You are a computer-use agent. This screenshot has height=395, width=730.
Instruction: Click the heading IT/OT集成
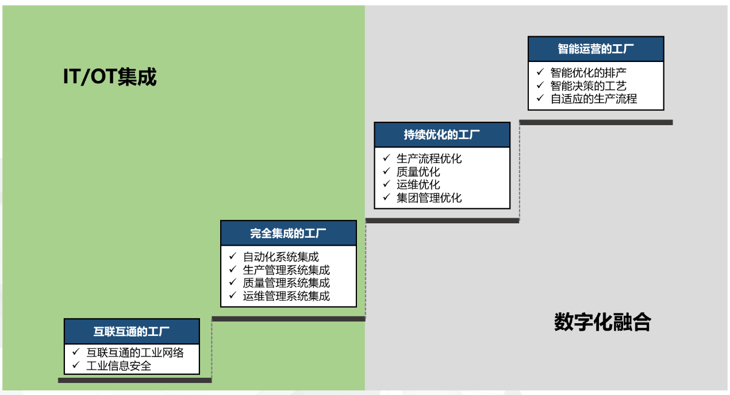109,77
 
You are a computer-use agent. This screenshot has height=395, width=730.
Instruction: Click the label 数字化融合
602,322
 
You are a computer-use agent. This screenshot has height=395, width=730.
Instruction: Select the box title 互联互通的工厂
132,331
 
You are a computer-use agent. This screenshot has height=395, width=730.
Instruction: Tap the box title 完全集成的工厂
288,233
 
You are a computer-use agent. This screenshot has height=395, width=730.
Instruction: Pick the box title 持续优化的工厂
441,135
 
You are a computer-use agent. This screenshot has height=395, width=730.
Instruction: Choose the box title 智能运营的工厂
595,49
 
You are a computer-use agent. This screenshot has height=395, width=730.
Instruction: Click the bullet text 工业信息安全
118,366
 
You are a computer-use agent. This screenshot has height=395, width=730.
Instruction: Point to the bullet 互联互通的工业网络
135,353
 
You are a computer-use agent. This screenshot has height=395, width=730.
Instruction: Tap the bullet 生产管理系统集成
286,270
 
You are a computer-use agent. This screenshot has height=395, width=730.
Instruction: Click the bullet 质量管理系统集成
286,282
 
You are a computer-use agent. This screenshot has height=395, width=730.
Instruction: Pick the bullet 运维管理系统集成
286,296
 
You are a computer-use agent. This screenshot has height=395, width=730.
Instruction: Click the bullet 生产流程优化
429,158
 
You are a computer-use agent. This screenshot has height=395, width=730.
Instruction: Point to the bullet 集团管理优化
429,198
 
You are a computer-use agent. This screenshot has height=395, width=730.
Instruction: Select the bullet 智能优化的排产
588,72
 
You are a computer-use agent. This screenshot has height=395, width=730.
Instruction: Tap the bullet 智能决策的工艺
588,86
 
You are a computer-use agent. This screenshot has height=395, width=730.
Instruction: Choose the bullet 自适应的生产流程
594,98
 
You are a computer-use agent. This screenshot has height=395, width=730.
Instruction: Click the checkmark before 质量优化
386,171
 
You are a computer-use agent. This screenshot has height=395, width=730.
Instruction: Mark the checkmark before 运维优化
386,184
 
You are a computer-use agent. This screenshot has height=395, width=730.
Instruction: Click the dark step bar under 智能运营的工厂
595,122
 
